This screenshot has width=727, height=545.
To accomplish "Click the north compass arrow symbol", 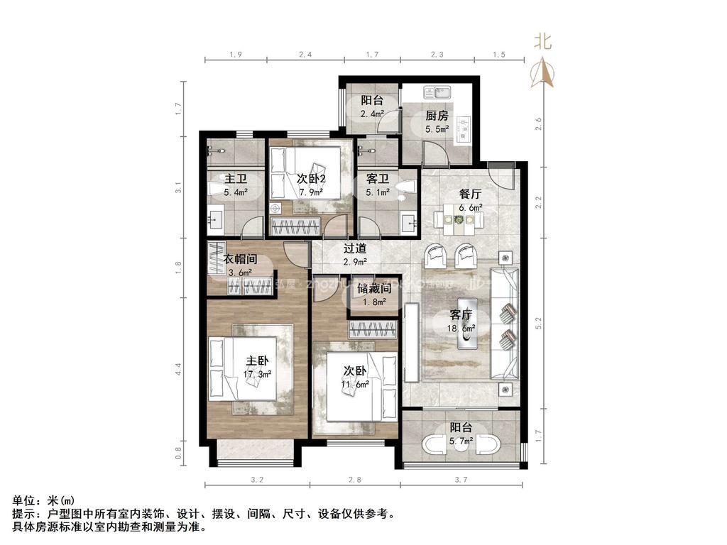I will (x=544, y=72).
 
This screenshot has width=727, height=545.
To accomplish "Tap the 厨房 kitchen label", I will (x=437, y=116).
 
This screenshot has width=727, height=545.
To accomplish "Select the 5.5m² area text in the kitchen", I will (x=437, y=129).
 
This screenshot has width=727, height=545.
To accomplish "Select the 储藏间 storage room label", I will (x=375, y=288).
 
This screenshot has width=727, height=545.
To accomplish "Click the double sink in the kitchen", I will (x=437, y=92).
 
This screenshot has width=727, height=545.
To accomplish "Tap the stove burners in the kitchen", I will (x=464, y=128).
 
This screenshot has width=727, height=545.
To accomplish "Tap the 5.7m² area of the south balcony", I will (x=461, y=441).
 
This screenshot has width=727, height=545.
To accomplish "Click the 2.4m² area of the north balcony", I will (x=372, y=114).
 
